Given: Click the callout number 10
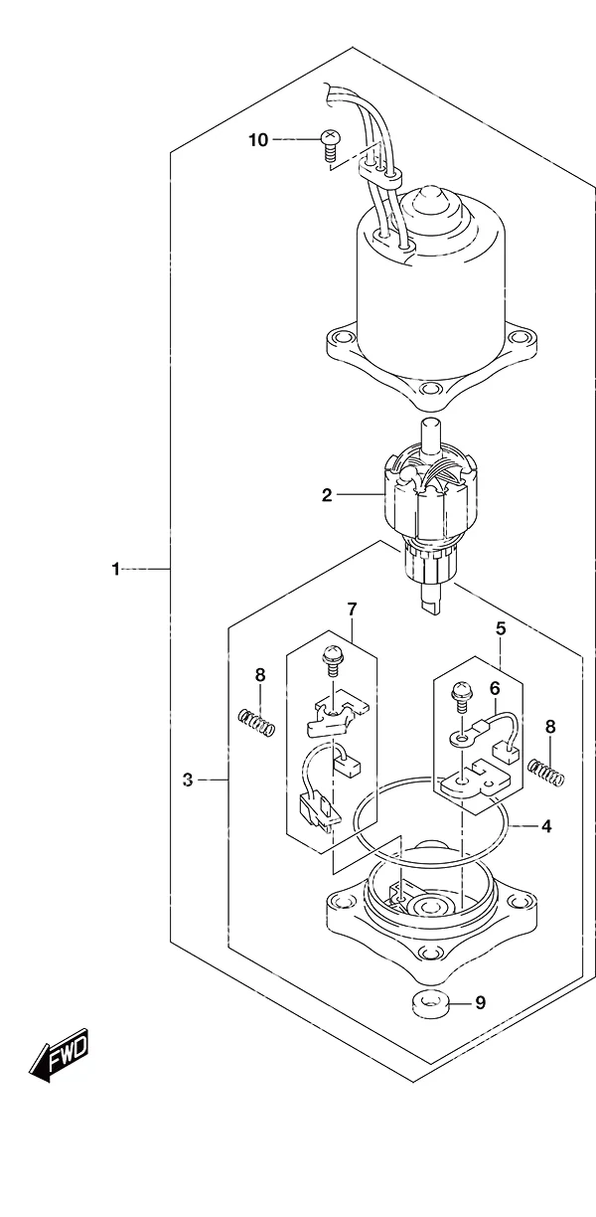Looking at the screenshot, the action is [258, 140].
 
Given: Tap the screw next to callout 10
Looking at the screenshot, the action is [328, 144].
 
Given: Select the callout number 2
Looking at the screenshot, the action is [326, 495].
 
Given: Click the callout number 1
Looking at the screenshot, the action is [115, 570].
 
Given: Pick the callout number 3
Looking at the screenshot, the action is [188, 781].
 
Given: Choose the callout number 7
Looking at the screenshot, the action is [352, 609].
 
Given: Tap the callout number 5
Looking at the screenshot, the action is [501, 629].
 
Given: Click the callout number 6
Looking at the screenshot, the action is [495, 688].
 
